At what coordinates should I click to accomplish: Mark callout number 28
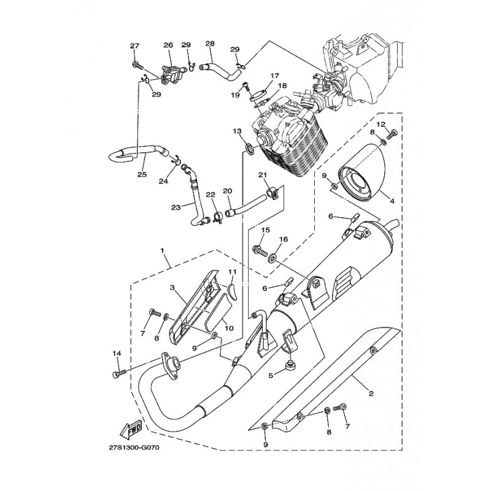[x=210, y=44]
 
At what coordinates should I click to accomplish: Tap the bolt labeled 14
[x=119, y=373]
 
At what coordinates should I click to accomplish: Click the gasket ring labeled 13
[x=249, y=148]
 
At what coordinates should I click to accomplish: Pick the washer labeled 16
[x=271, y=252]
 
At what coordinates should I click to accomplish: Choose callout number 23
[x=176, y=207]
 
